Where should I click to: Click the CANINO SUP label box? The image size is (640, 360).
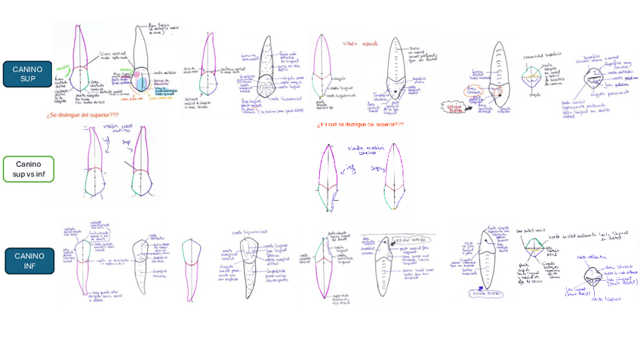pyautogui.click(x=27, y=74)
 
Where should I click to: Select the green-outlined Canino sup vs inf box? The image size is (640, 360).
pyautogui.click(x=28, y=169)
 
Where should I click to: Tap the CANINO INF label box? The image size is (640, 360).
pyautogui.click(x=29, y=260)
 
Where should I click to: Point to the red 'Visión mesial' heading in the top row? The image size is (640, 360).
pyautogui.click(x=359, y=44)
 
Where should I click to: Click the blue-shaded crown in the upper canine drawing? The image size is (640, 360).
pyautogui.click(x=140, y=82)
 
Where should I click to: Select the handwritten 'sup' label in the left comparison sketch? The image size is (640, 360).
pyautogui.click(x=126, y=140)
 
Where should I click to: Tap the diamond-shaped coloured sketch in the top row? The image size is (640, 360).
pyautogui.click(x=534, y=75)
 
